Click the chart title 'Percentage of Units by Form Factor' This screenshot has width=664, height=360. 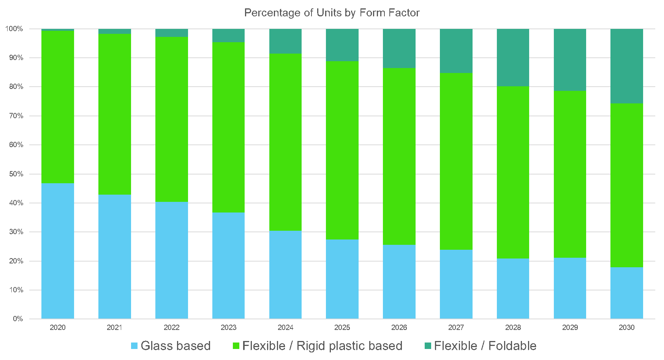pyautogui.click(x=332, y=13)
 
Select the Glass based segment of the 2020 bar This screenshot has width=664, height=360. pyautogui.click(x=58, y=251)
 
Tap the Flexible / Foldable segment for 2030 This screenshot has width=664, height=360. pyautogui.click(x=627, y=66)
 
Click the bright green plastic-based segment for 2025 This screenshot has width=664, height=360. pyautogui.click(x=342, y=150)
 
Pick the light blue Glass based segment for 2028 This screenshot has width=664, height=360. pyautogui.click(x=513, y=289)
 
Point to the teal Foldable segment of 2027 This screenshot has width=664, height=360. pyautogui.click(x=456, y=51)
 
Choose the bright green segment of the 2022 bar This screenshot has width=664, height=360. pyautogui.click(x=172, y=119)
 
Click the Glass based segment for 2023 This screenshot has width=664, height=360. pyautogui.click(x=228, y=265)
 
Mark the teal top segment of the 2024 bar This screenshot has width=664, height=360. pyautogui.click(x=285, y=41)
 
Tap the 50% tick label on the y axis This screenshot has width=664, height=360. pyautogui.click(x=16, y=174)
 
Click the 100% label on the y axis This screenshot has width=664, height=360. pyautogui.click(x=14, y=29)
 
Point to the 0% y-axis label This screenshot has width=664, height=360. pyautogui.click(x=18, y=319)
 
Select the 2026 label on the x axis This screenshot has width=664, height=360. pyautogui.click(x=399, y=328)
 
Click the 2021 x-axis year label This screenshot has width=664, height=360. pyautogui.click(x=114, y=328)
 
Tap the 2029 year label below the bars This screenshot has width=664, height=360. pyautogui.click(x=570, y=328)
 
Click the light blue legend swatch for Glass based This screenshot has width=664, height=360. pyautogui.click(x=134, y=346)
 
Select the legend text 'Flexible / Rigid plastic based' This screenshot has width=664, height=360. pyautogui.click(x=322, y=346)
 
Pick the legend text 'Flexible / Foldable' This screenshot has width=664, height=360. pyautogui.click(x=485, y=346)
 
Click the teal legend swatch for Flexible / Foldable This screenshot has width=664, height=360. pyautogui.click(x=428, y=346)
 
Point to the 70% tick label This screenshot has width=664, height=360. pyautogui.click(x=16, y=116)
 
